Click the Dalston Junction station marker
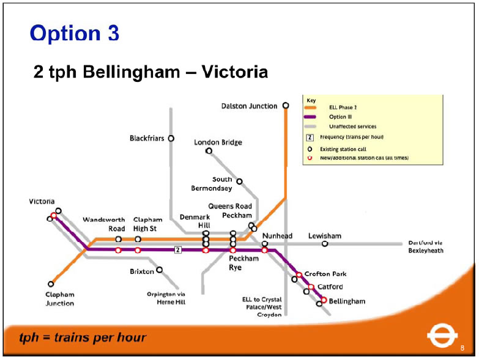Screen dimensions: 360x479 coord(286,106)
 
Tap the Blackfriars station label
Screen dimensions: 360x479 coord(147,138)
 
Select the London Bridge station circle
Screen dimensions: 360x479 coord(209,150)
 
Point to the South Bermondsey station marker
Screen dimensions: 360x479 coord(239,181)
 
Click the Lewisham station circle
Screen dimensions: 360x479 coord(325,244)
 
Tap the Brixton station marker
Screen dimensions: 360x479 coord(160,270)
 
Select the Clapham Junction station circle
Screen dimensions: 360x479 coord(51,284)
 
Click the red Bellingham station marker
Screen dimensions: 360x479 coord(324,299)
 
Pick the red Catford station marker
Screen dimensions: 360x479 coord(311,287)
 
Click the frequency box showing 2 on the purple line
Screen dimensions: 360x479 coord(177,249)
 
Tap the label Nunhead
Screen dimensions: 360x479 coord(277,236)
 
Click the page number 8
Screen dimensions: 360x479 coord(462,348)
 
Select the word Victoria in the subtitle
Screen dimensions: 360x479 coord(235,73)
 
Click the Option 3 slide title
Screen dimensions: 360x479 coord(74,33)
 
